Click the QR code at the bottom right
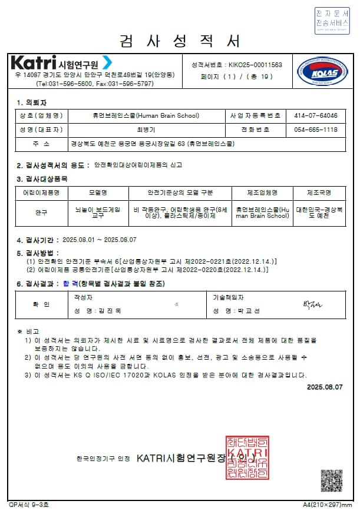click(x=331, y=480)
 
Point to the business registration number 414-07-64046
click(x=316, y=116)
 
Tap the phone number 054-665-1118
click(x=316, y=130)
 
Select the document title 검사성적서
click(x=180, y=41)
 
